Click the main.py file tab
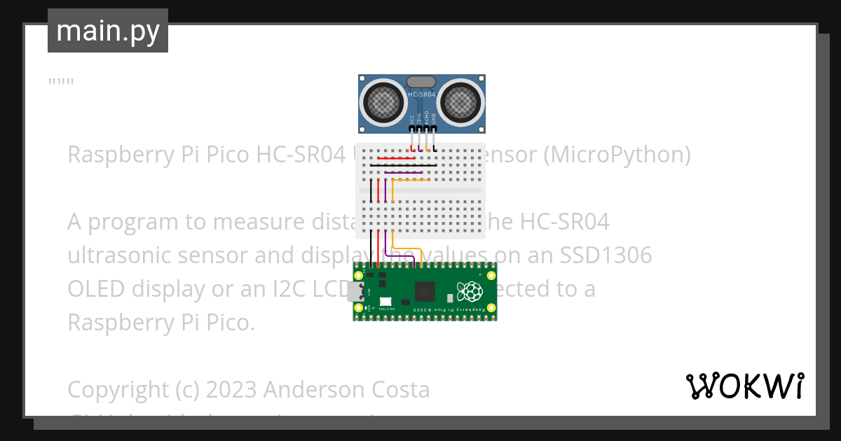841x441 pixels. pos(107,31)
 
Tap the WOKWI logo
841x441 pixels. pos(744,386)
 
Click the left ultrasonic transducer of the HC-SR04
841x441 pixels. pos(382,103)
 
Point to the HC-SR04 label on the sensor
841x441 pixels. pos(422,94)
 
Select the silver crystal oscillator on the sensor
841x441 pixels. pos(421,83)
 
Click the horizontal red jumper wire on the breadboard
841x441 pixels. pos(397,158)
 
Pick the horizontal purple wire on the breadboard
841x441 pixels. pos(403,173)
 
